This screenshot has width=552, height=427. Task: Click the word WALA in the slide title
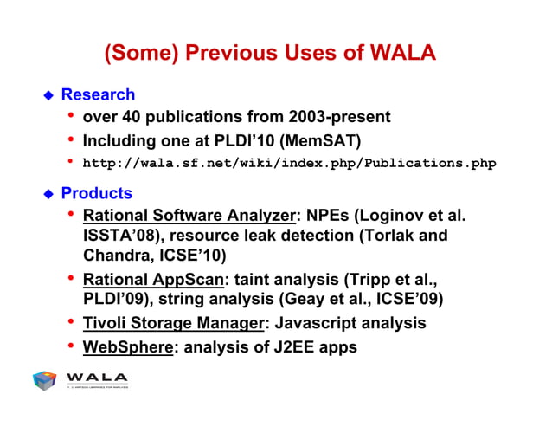click(x=401, y=53)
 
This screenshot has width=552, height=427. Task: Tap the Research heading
click(x=98, y=94)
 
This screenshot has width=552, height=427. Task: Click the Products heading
click(x=96, y=193)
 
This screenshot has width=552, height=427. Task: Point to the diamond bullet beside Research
click(x=49, y=95)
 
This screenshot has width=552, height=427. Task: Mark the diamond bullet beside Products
click(x=49, y=194)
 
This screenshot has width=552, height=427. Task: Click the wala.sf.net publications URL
click(x=289, y=162)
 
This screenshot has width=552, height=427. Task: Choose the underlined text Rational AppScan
click(x=152, y=280)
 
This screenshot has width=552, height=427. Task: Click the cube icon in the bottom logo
click(x=45, y=380)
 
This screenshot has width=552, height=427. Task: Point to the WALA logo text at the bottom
click(x=97, y=377)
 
